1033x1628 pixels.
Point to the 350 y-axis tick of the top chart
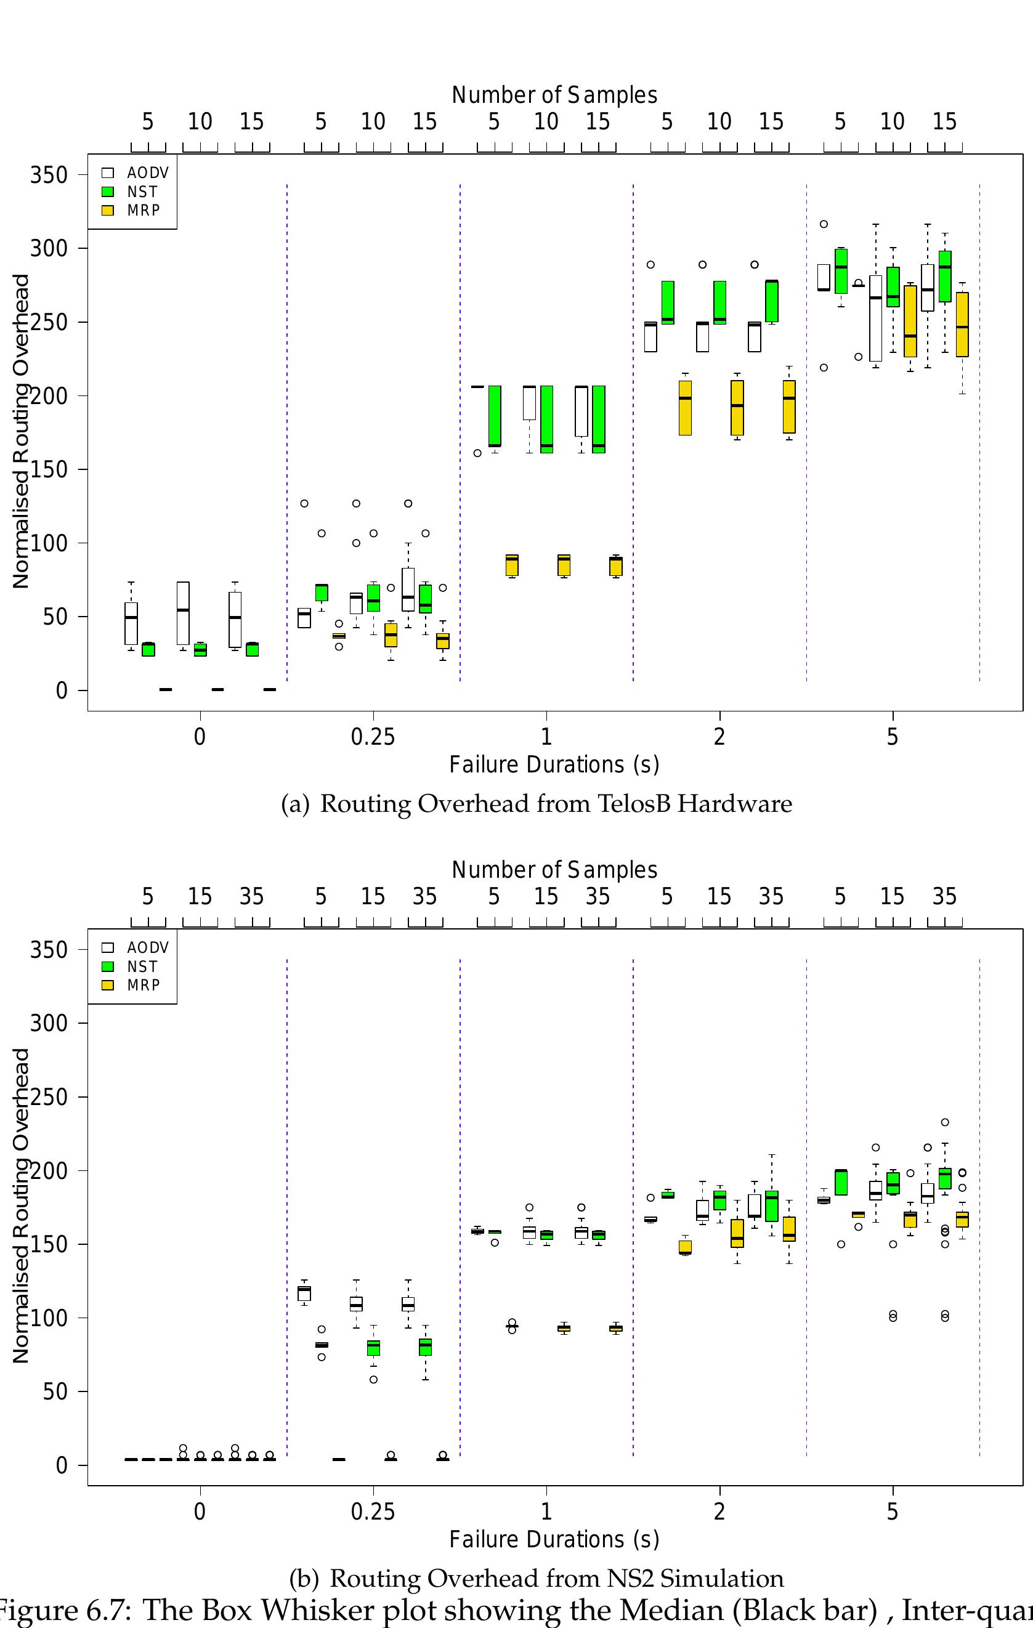(x=49, y=175)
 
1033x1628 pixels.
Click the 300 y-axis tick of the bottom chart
(x=49, y=1023)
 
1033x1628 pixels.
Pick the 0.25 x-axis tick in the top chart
(x=373, y=736)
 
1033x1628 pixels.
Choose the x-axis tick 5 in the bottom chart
(x=893, y=1511)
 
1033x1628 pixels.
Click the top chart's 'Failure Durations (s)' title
(x=554, y=764)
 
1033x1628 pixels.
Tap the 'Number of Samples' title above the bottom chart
(x=554, y=870)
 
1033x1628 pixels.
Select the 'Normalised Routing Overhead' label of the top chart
(x=21, y=431)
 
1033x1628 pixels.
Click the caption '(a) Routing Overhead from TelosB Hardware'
(x=536, y=804)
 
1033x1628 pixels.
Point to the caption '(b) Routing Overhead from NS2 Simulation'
(x=536, y=1579)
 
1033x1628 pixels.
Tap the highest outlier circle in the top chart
(x=824, y=224)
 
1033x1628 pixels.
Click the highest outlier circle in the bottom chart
(x=945, y=1122)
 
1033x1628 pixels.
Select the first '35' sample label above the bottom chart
(x=251, y=896)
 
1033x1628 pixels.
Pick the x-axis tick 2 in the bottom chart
(x=719, y=1511)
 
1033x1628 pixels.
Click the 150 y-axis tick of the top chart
(x=49, y=469)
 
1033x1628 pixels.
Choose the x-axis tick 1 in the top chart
(x=546, y=736)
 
